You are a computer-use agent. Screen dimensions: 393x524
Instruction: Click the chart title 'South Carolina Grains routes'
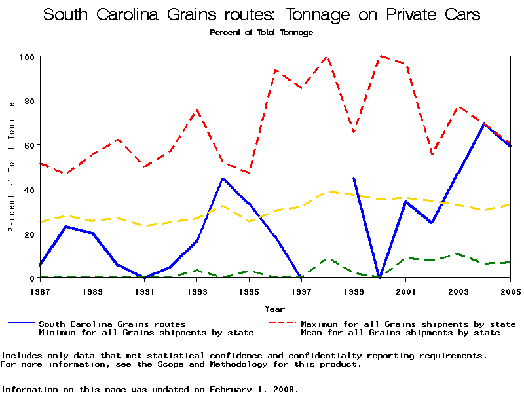coord(261,14)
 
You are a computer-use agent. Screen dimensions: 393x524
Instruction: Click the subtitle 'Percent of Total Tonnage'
coord(261,32)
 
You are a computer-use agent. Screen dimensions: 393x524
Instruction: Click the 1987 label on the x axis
coord(39,290)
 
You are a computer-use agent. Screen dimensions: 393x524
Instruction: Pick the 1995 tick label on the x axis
coord(249,290)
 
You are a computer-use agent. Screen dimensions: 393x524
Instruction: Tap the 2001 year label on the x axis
coord(406,290)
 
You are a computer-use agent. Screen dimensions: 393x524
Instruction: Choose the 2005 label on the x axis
coord(510,290)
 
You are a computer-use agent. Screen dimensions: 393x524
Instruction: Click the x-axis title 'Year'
coord(274,309)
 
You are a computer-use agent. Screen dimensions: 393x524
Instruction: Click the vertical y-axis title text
coord(11,167)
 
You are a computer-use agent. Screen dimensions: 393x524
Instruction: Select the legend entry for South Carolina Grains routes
coord(112,324)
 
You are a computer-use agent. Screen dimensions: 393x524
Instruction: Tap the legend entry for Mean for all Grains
coord(400,333)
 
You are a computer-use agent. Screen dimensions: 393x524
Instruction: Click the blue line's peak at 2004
coord(484,124)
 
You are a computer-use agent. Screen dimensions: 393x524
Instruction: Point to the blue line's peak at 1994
coord(223,178)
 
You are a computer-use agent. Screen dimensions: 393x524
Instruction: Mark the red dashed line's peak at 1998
coord(327,57)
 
